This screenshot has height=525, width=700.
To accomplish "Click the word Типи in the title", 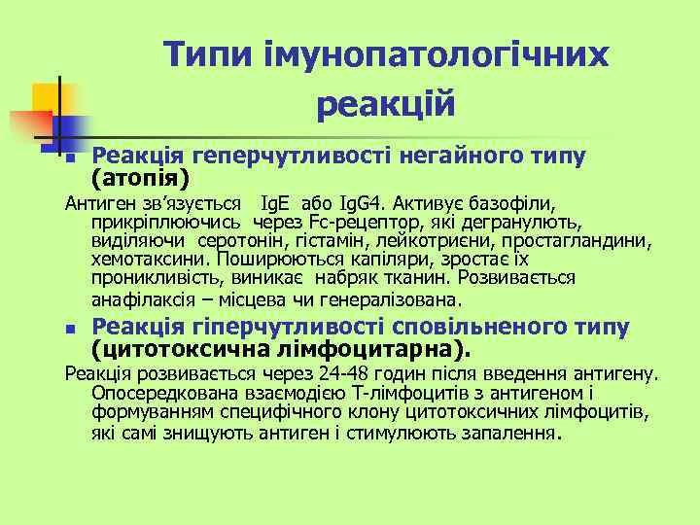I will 203,54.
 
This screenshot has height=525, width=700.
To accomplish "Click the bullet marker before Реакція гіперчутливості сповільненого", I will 69,332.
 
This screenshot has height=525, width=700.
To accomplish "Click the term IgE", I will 275,205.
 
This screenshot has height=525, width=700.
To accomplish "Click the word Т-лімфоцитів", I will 378,393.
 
